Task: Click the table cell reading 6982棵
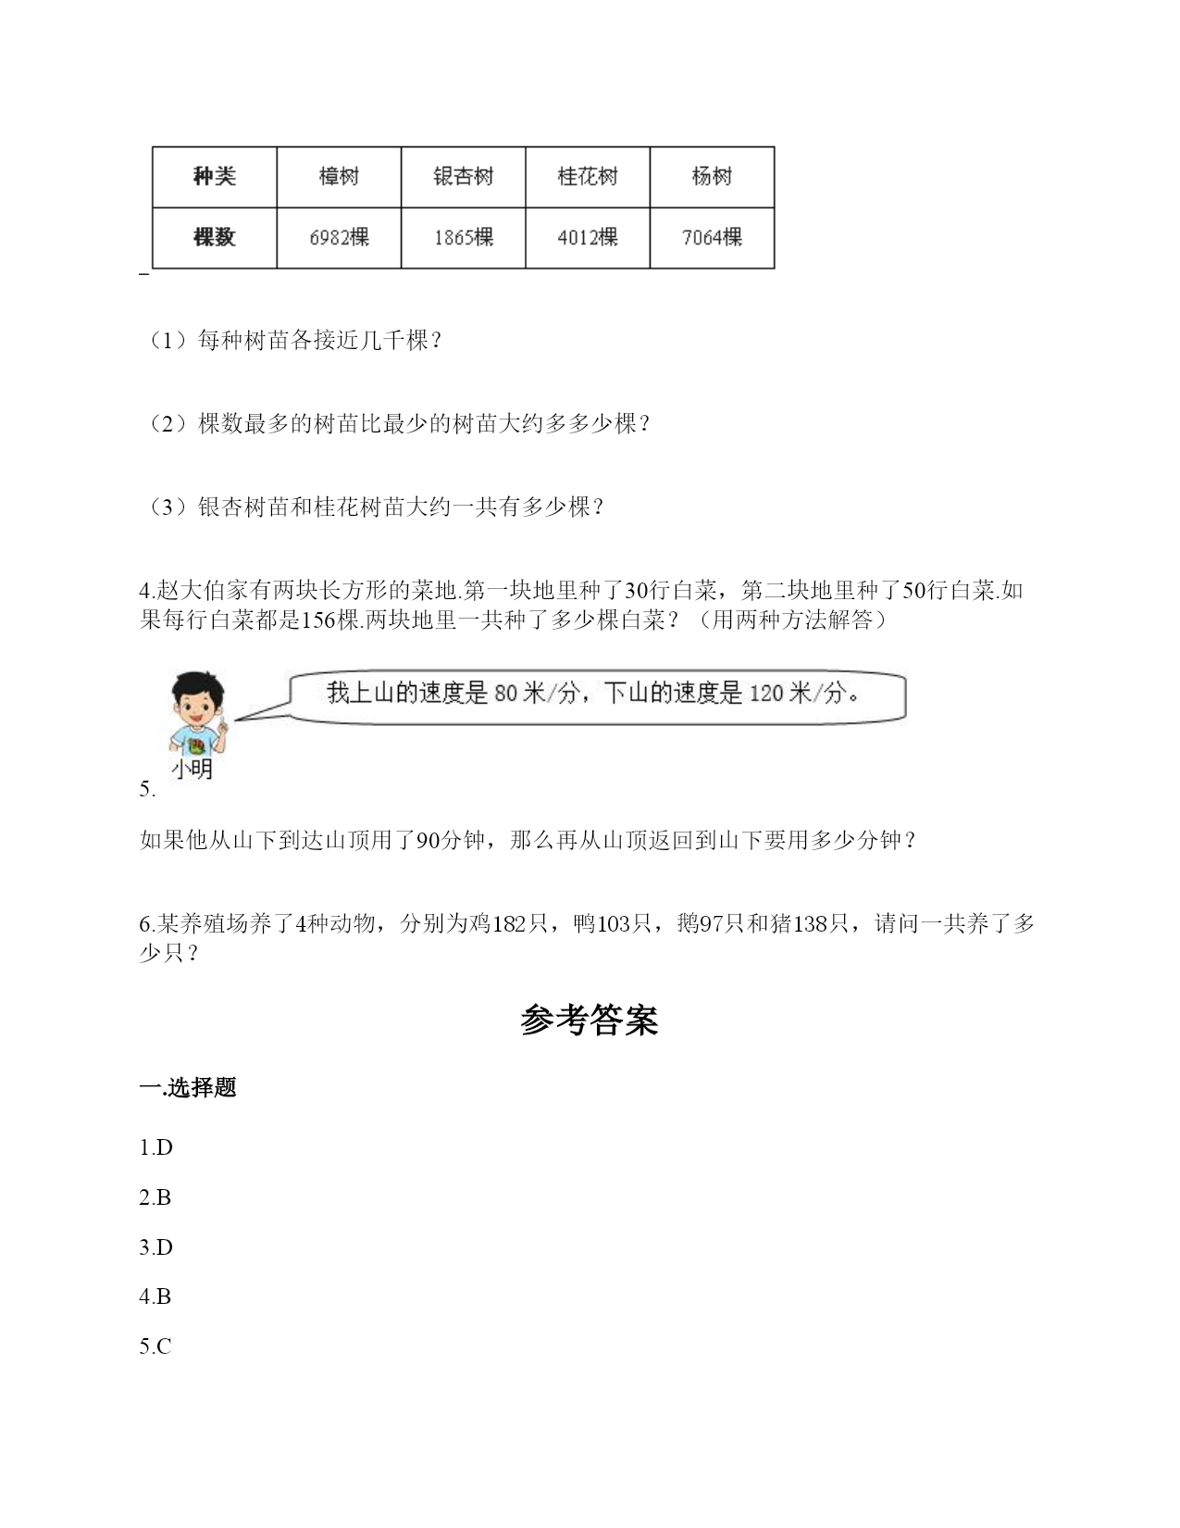pos(339,238)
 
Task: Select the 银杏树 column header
pos(463,177)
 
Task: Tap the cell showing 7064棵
pos(712,238)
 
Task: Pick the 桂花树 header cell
pos(588,177)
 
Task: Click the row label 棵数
pos(215,238)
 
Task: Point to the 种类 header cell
pos(215,177)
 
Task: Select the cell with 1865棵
pos(463,238)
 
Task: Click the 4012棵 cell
pos(588,238)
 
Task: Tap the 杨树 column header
pos(712,177)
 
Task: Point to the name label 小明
pos(193,770)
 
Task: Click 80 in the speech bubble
pos(506,694)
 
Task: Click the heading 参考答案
pos(590,1021)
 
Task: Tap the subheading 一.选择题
pos(188,1088)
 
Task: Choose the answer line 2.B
pos(155,1197)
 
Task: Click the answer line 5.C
pos(155,1346)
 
